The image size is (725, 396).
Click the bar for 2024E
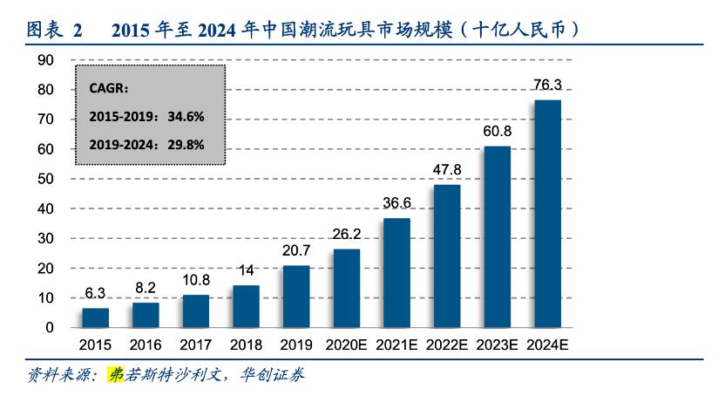click(x=547, y=214)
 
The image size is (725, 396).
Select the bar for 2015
click(x=96, y=317)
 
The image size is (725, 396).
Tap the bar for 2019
click(x=296, y=297)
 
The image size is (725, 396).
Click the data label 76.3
click(x=547, y=85)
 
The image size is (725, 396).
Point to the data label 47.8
click(x=447, y=169)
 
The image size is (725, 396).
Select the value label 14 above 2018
click(x=246, y=270)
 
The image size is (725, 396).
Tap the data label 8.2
click(x=146, y=288)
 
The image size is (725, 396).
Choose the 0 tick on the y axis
click(x=50, y=328)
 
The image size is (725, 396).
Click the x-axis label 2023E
click(x=497, y=345)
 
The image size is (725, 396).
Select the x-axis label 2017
click(x=196, y=345)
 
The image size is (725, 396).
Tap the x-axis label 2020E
click(x=346, y=345)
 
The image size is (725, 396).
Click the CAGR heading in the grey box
click(x=109, y=88)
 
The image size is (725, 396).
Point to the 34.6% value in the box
click(x=185, y=116)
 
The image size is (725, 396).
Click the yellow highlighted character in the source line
click(x=114, y=375)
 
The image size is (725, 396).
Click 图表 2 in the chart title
click(x=54, y=30)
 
